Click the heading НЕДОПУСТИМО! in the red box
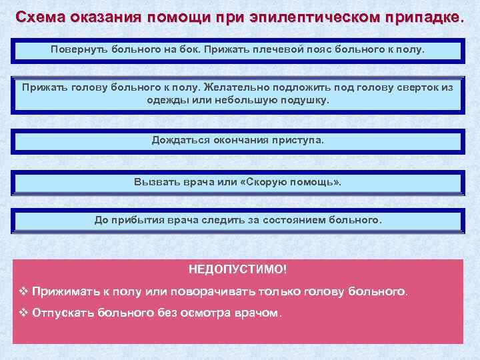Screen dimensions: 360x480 (x=238, y=269)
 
